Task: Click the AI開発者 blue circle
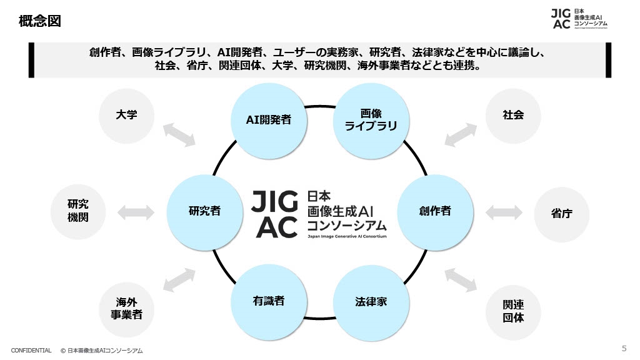click(267, 119)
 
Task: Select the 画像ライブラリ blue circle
click(371, 119)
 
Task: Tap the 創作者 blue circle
click(435, 211)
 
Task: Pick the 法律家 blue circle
click(371, 301)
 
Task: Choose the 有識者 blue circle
click(269, 301)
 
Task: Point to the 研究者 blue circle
click(204, 211)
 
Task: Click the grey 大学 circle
click(126, 115)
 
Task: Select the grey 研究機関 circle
click(78, 211)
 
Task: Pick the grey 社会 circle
click(513, 115)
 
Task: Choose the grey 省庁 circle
click(561, 213)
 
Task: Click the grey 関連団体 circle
click(513, 310)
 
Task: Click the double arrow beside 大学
click(179, 134)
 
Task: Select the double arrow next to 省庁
click(504, 212)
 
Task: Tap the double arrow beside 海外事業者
click(179, 280)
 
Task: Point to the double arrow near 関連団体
click(461, 280)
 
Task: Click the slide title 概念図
click(40, 21)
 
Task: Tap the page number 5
click(624, 348)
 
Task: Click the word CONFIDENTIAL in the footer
click(31, 351)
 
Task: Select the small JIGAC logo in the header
click(579, 19)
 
